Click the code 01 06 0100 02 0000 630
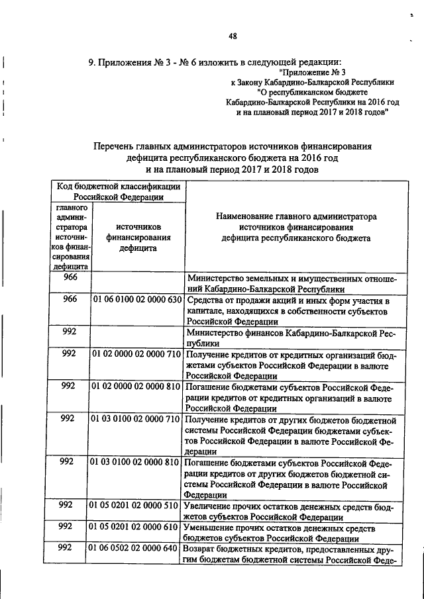pyautogui.click(x=136, y=300)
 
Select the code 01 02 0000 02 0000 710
pyautogui.click(x=136, y=354)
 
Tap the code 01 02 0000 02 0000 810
pyautogui.click(x=136, y=386)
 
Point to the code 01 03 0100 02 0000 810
pyautogui.click(x=136, y=461)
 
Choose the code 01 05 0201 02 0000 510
pyautogui.click(x=136, y=505)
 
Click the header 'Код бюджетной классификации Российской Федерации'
pyautogui.click(x=118, y=191)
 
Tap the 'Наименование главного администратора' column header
pyautogui.click(x=295, y=216)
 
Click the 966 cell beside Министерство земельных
pyautogui.click(x=70, y=279)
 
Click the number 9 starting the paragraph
pyautogui.click(x=92, y=62)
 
